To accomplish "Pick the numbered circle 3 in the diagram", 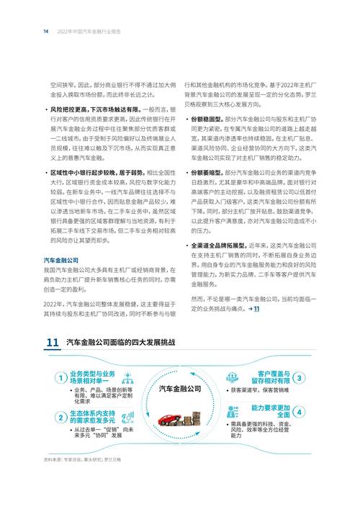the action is pos(298,377).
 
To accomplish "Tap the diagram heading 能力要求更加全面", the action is pos(268,411).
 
